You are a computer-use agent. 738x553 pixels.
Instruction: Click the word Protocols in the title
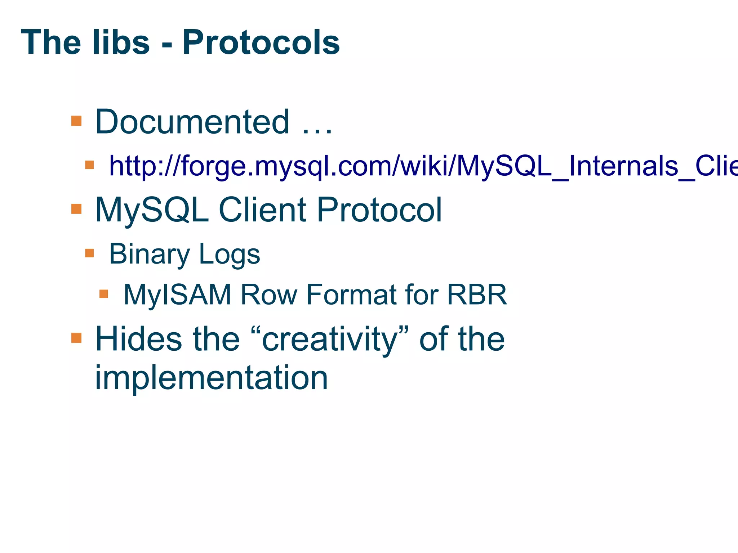pyautogui.click(x=261, y=42)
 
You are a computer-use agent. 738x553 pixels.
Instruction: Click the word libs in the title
pyautogui.click(x=120, y=42)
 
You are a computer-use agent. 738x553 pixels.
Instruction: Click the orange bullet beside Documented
pyautogui.click(x=76, y=121)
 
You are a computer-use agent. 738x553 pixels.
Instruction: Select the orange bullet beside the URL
pyautogui.click(x=89, y=165)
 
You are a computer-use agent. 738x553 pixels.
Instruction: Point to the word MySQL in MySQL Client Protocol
pyautogui.click(x=152, y=210)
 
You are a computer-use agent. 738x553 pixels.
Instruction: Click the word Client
pyautogui.click(x=262, y=210)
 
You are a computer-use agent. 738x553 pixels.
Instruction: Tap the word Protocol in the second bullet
pyautogui.click(x=379, y=210)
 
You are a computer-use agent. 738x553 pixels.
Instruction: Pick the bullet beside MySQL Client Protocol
pyautogui.click(x=76, y=209)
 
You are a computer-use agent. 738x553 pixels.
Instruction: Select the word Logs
pyautogui.click(x=229, y=254)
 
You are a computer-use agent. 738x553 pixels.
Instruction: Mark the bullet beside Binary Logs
pyautogui.click(x=89, y=253)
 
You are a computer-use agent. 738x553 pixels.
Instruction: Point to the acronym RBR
pyautogui.click(x=477, y=295)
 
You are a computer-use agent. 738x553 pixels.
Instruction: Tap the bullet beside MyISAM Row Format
pyautogui.click(x=104, y=294)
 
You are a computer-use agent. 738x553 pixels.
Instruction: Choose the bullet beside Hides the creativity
pyautogui.click(x=76, y=338)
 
